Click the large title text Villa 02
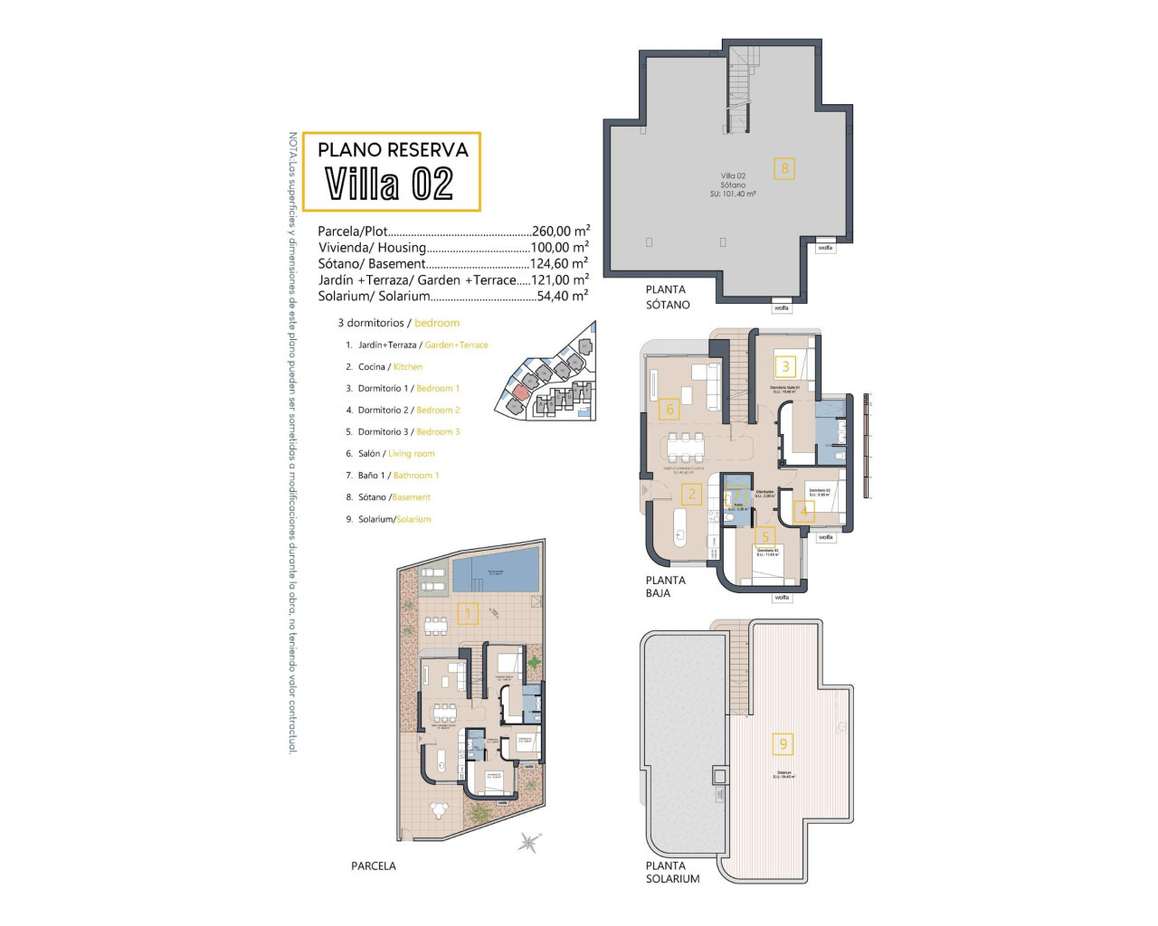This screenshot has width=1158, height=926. tap(389, 184)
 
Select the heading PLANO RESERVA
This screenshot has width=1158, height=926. tap(393, 150)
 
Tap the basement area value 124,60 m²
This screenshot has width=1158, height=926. tap(559, 264)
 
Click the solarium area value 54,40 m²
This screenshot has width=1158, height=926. tap(559, 297)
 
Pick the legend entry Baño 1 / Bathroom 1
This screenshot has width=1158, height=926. tap(398, 476)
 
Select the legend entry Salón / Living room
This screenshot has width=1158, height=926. tap(396, 454)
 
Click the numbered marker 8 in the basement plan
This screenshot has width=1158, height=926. tap(784, 167)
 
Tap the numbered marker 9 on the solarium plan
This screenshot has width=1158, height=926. tap(783, 744)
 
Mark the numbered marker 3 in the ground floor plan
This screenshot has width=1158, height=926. tap(786, 366)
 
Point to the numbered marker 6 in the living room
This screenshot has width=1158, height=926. tap(670, 409)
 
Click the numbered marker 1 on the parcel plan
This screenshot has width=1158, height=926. tap(468, 615)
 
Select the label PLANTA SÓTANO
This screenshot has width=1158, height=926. tap(668, 298)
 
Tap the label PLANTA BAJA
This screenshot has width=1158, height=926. tap(665, 587)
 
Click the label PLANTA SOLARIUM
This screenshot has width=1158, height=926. tap(672, 872)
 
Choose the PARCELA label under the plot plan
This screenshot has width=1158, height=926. tap(374, 866)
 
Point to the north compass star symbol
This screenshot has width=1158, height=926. tap(528, 843)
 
